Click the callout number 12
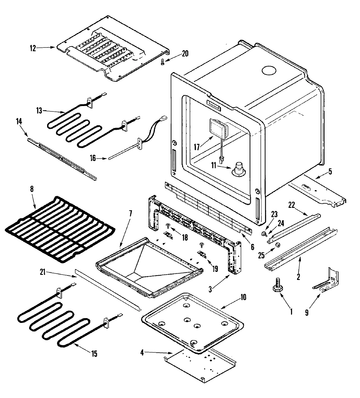coord(33,48)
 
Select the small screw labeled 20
coord(162,62)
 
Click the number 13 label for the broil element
coord(39,111)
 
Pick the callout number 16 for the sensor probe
coord(93,158)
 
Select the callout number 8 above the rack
coord(32,189)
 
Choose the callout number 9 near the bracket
coord(306,313)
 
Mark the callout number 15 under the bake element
coord(94,354)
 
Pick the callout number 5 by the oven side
coord(330,172)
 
